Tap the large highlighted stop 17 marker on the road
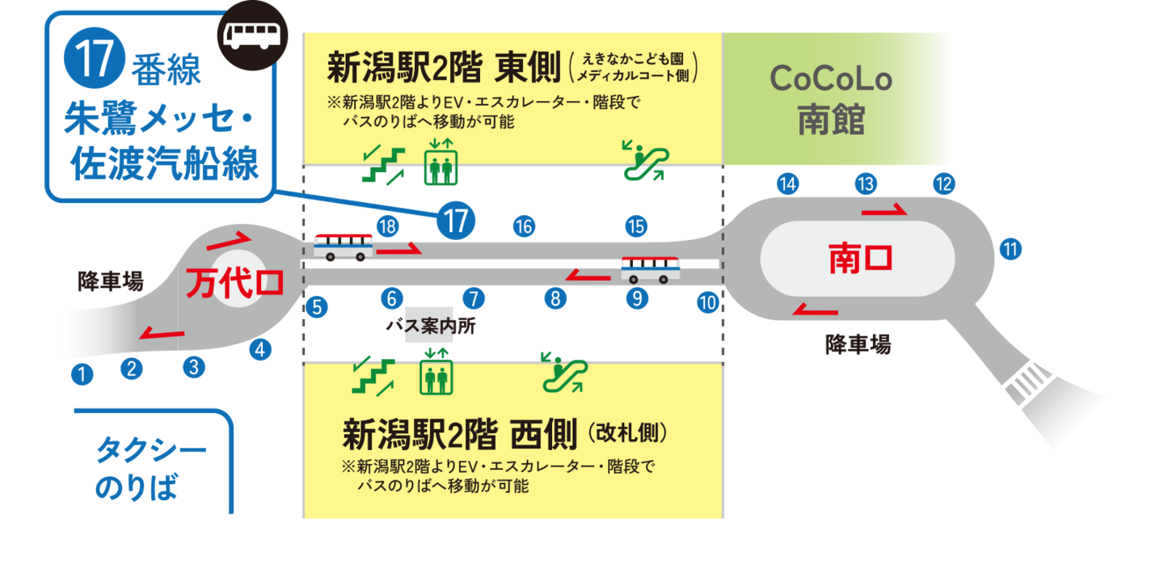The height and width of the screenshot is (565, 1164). click(x=456, y=220)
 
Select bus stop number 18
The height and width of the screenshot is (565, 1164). click(x=387, y=227)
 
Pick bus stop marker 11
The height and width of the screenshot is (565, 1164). click(x=1010, y=248)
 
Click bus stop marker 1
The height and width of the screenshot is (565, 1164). click(x=82, y=374)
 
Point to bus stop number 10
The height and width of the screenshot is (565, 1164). click(x=708, y=303)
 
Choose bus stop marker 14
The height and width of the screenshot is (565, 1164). click(x=788, y=184)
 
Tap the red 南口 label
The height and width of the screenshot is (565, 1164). click(x=860, y=259)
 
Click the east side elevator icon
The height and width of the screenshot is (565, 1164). click(x=441, y=167)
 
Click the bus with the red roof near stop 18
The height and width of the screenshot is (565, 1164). click(x=344, y=246)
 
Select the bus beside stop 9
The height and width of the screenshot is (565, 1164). click(x=650, y=269)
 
